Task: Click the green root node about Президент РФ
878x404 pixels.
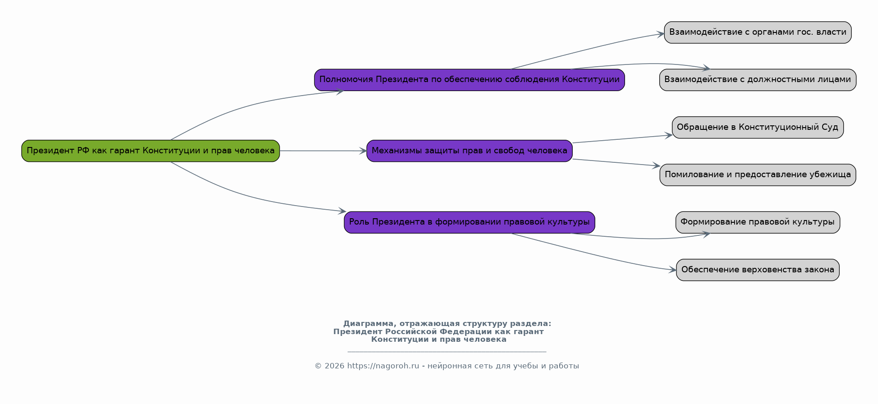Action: pos(151,151)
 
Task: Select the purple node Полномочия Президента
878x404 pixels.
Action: pos(469,80)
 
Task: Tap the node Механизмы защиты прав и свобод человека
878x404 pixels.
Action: pos(469,151)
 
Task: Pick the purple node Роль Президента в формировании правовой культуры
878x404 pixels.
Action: pos(469,222)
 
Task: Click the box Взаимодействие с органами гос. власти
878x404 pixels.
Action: pos(757,32)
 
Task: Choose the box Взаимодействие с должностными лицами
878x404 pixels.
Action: pos(757,80)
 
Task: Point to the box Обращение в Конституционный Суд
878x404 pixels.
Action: pos(757,127)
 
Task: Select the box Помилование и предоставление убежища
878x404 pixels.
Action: pos(757,174)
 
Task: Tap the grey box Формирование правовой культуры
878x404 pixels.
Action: pos(757,222)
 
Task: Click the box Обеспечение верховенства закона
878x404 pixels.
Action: pos(757,270)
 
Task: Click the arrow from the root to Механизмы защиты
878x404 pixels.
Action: pos(322,151)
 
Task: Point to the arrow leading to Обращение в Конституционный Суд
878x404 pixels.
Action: pos(622,139)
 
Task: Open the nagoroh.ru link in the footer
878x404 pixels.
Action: pos(383,366)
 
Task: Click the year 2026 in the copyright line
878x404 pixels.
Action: pos(334,366)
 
